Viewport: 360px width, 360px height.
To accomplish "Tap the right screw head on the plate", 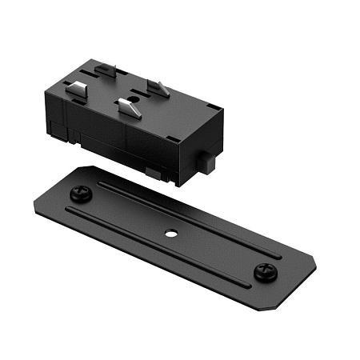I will coord(265,273).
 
